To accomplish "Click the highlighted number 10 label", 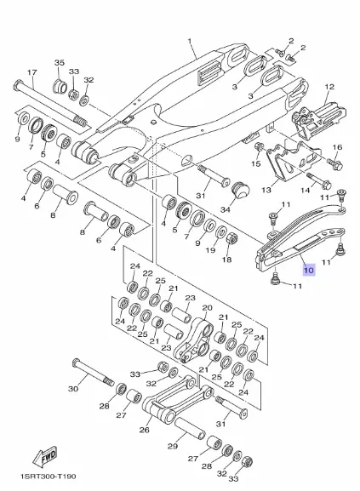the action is pyautogui.click(x=309, y=270).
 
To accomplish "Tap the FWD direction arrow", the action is pyautogui.click(x=45, y=456).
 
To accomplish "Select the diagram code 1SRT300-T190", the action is pyautogui.click(x=48, y=477).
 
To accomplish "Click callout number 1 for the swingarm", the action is pyautogui.click(x=190, y=41).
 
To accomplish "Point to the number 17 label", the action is pyautogui.click(x=32, y=72).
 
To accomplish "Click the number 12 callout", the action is pyautogui.click(x=329, y=87).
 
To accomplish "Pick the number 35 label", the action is pyautogui.click(x=60, y=62).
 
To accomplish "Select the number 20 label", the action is pyautogui.click(x=207, y=308).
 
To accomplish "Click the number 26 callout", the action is pyautogui.click(x=145, y=430).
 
